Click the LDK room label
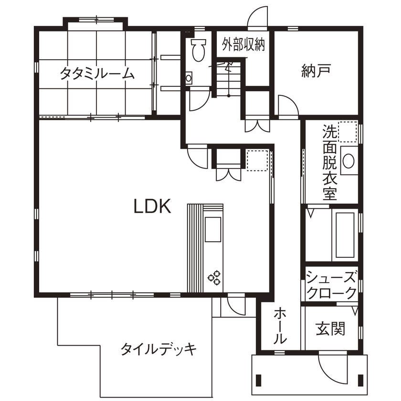tap(152, 206)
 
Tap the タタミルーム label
tap(97, 74)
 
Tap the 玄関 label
tap(330, 329)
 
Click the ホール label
tap(280, 327)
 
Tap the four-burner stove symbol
tap(214, 278)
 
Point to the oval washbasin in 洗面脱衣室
tap(348, 160)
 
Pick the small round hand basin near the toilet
tap(189, 77)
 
